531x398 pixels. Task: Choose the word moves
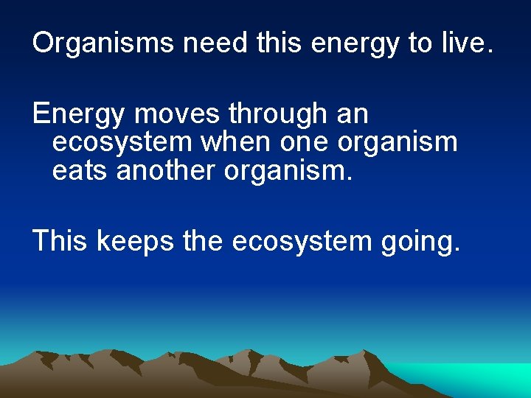[x=178, y=115]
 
